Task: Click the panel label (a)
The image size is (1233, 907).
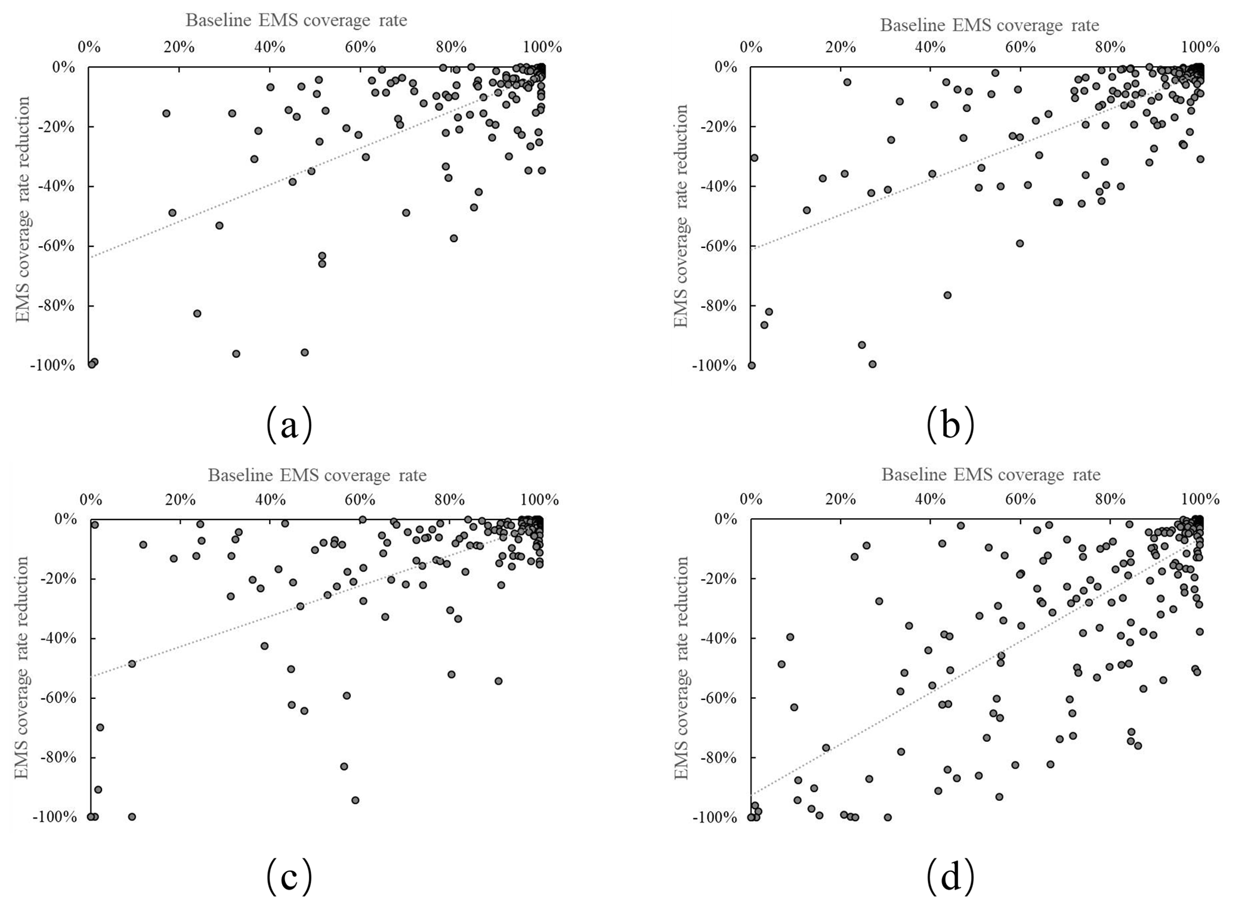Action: [289, 424]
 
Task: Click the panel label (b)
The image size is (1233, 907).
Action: [950, 424]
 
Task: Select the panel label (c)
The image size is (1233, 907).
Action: [289, 876]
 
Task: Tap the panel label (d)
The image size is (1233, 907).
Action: [950, 876]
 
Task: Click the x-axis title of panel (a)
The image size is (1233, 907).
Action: [296, 20]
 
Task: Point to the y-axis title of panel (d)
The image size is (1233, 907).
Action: [681, 668]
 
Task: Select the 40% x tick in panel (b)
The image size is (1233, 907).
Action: [931, 47]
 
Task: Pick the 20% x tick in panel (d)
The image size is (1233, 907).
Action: [841, 499]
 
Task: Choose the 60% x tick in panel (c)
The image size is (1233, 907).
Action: [360, 499]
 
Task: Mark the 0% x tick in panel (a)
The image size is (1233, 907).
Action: [89, 47]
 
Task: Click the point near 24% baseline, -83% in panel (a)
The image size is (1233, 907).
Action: [197, 313]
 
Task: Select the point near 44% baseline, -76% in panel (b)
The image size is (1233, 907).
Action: [947, 295]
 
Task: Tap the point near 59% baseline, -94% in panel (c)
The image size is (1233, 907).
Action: [356, 800]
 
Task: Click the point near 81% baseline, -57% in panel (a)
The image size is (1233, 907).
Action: [454, 238]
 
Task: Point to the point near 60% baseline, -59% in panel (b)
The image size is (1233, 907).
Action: [1020, 243]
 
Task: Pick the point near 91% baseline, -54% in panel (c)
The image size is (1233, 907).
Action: [499, 681]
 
